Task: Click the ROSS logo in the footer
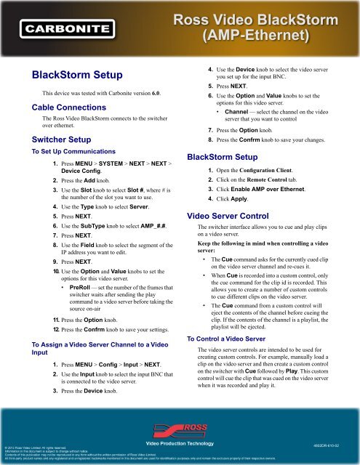[x=180, y=429]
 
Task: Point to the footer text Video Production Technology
[x=180, y=442]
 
